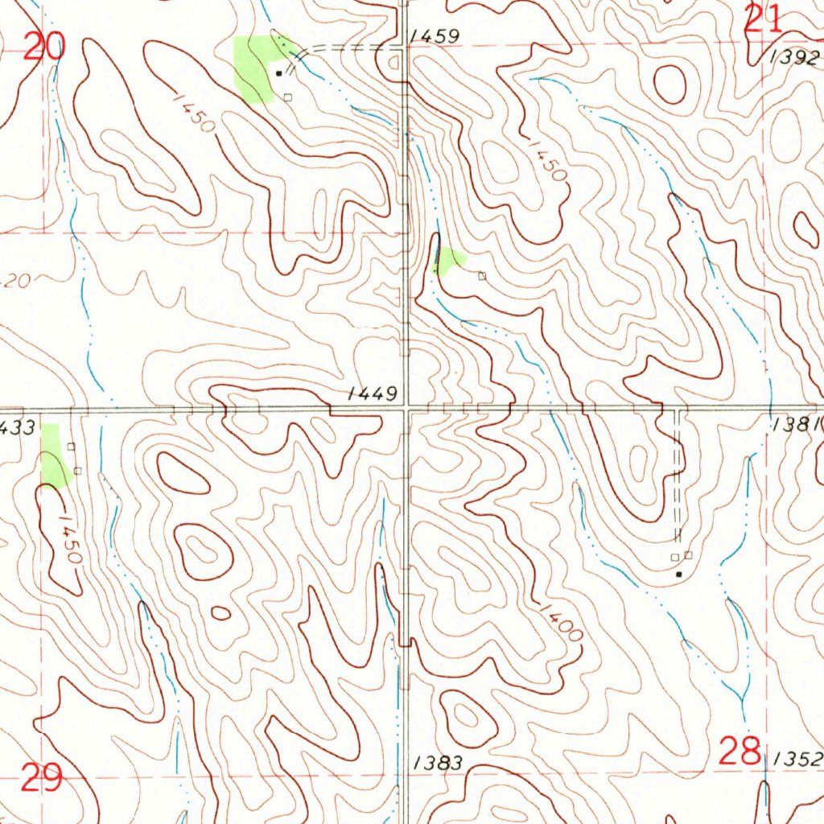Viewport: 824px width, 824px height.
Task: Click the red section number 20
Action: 43,47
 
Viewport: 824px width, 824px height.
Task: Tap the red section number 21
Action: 763,19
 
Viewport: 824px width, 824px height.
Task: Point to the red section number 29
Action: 41,778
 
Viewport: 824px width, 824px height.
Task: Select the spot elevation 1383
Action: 439,763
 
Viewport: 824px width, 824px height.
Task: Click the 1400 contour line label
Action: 561,621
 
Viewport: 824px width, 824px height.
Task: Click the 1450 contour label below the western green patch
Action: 68,538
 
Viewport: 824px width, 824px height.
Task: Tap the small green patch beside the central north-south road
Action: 449,260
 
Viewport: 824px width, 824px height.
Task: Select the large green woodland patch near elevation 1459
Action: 253,68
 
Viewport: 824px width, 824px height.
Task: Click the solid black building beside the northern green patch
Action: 279,72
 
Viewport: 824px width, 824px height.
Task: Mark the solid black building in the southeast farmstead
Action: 679,574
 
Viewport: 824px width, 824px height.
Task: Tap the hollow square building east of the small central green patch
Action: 482,276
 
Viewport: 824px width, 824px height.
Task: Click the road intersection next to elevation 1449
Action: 407,410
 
